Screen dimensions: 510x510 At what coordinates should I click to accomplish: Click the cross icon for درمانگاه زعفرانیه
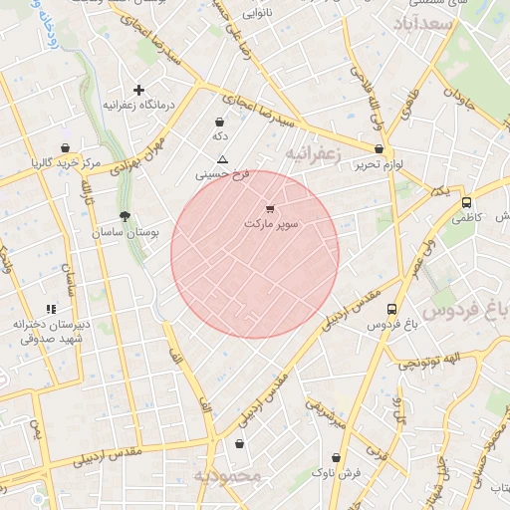pos(138,90)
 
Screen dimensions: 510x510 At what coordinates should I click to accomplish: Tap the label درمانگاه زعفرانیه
pos(139,104)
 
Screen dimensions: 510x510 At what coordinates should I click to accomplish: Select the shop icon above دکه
pos(219,122)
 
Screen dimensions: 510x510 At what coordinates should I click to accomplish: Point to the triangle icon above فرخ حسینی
pos(221,159)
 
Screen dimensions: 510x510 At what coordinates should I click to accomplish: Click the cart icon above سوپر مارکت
pos(271,209)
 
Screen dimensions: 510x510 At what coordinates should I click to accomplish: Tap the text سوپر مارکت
pos(271,224)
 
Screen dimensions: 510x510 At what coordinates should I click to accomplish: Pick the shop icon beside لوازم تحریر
pos(380,148)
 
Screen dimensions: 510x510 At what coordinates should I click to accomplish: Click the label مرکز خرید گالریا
pos(66,161)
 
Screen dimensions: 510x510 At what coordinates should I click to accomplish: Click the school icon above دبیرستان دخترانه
pos(51,310)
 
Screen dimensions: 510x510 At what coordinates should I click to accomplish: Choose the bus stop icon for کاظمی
pos(466,202)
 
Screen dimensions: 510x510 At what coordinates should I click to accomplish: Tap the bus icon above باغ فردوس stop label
pos(391,310)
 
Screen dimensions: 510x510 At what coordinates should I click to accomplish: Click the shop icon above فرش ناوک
pos(335,458)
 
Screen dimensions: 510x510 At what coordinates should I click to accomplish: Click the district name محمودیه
pos(226,476)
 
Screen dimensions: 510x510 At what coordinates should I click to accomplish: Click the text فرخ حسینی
pos(221,174)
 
